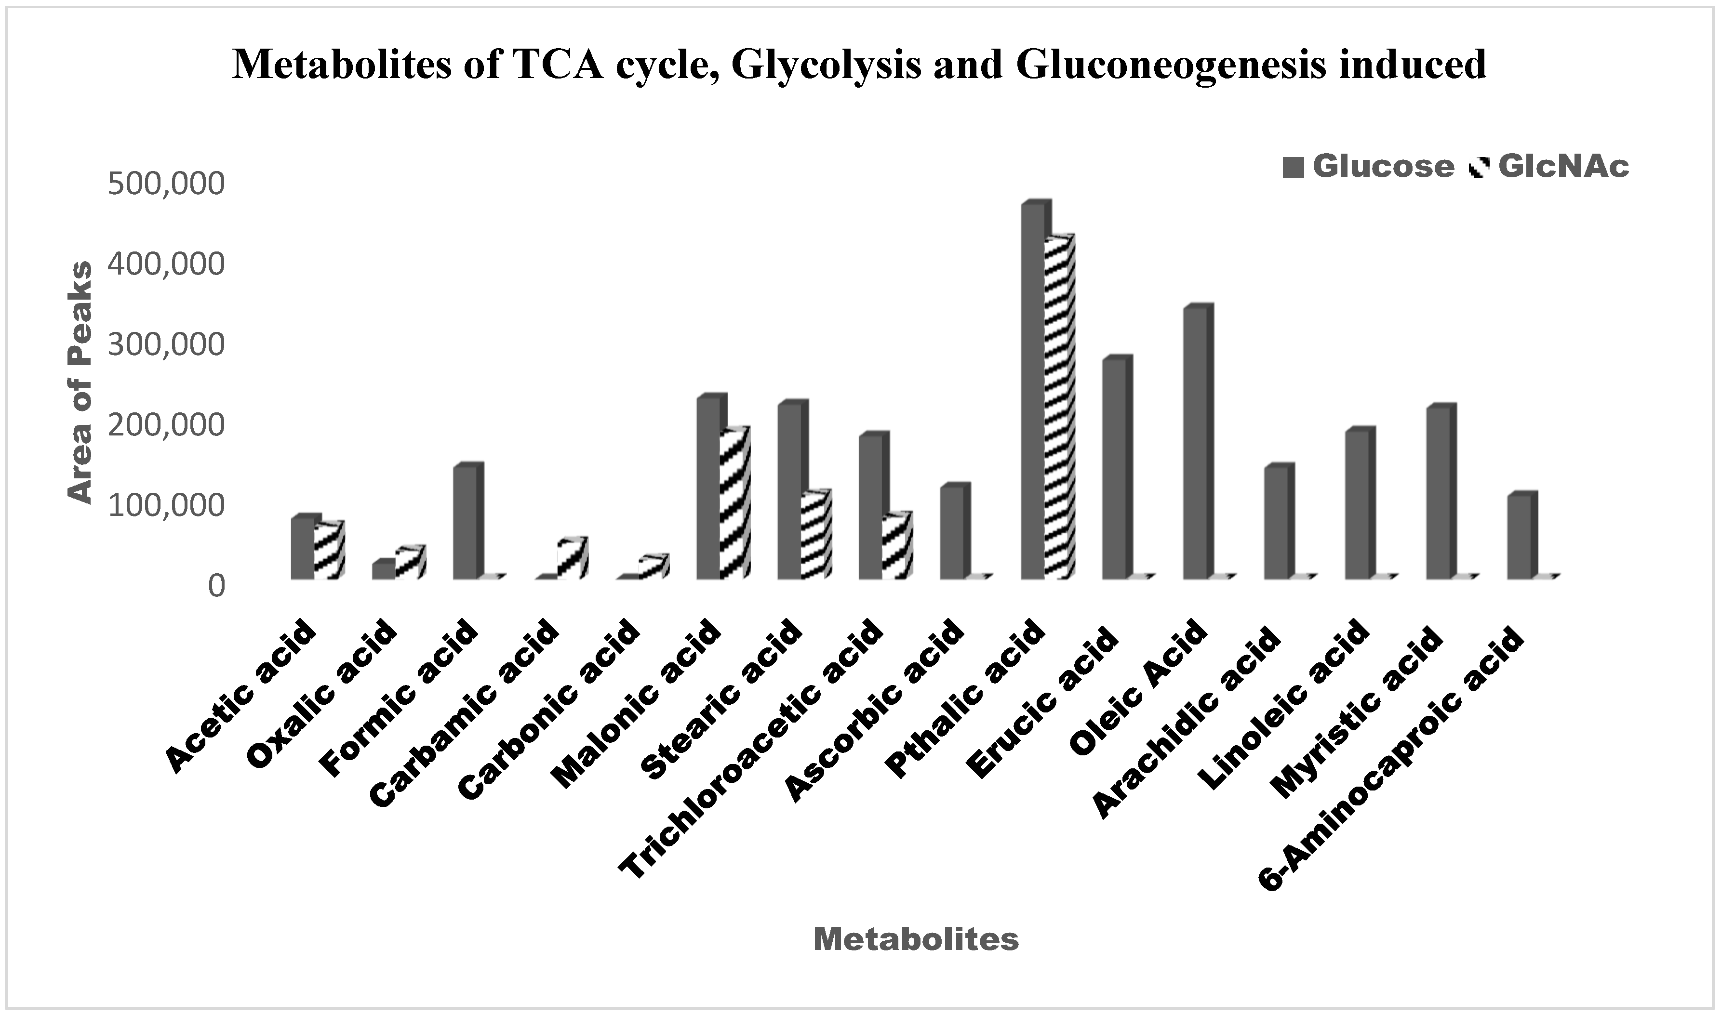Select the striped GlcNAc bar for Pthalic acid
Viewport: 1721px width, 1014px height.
pos(1058,410)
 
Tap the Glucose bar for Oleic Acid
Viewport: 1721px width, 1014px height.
pos(1195,444)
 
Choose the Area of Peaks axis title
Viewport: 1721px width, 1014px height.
pos(80,382)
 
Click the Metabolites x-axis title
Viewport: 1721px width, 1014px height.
pos(915,939)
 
